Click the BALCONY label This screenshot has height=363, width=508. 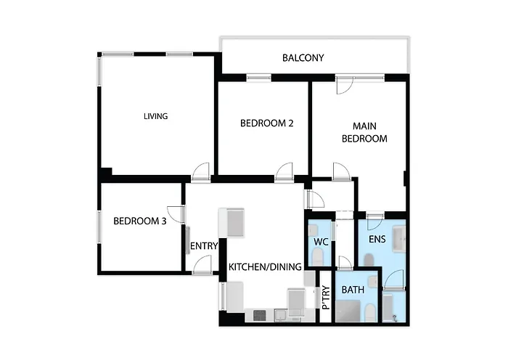coord(303,58)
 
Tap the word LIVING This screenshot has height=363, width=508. coord(156,116)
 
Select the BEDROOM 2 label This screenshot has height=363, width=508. coord(266,123)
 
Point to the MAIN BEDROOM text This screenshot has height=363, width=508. coord(364,132)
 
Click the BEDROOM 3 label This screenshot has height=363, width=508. coord(140,221)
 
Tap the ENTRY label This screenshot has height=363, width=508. coord(204,246)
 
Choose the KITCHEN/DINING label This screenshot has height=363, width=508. coord(265,267)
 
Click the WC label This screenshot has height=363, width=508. coord(321,242)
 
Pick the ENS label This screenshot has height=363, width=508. coord(377,239)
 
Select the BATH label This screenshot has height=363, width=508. coord(353,290)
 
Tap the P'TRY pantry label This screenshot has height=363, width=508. coord(326,298)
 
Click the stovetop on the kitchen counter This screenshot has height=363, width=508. coord(260,315)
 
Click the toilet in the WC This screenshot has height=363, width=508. coord(318,257)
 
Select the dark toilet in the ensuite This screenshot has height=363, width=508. coord(369,260)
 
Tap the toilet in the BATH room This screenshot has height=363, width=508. coord(369,313)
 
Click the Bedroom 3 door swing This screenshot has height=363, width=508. coord(176,214)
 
